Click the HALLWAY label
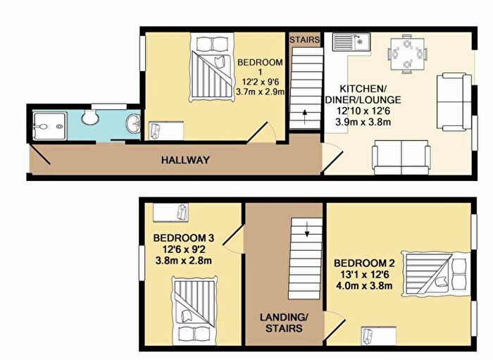coord(185,160)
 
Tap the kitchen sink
coord(352,42)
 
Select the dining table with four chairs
coord(407,54)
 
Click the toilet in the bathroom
coord(90,116)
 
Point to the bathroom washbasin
coord(134,123)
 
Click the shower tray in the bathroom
coord(50,126)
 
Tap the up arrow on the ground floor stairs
coord(304,117)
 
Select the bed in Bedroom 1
coord(212,68)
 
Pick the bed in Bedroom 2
coord(435,274)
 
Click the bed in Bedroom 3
coord(194,310)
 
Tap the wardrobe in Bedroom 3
coord(170,212)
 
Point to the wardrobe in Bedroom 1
coord(166,131)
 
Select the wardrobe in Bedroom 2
coord(378,336)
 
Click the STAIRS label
coord(304,40)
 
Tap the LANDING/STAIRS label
coord(284,323)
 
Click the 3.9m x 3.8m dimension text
coord(363,121)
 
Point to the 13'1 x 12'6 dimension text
coord(365,275)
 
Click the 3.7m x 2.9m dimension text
coord(260,92)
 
